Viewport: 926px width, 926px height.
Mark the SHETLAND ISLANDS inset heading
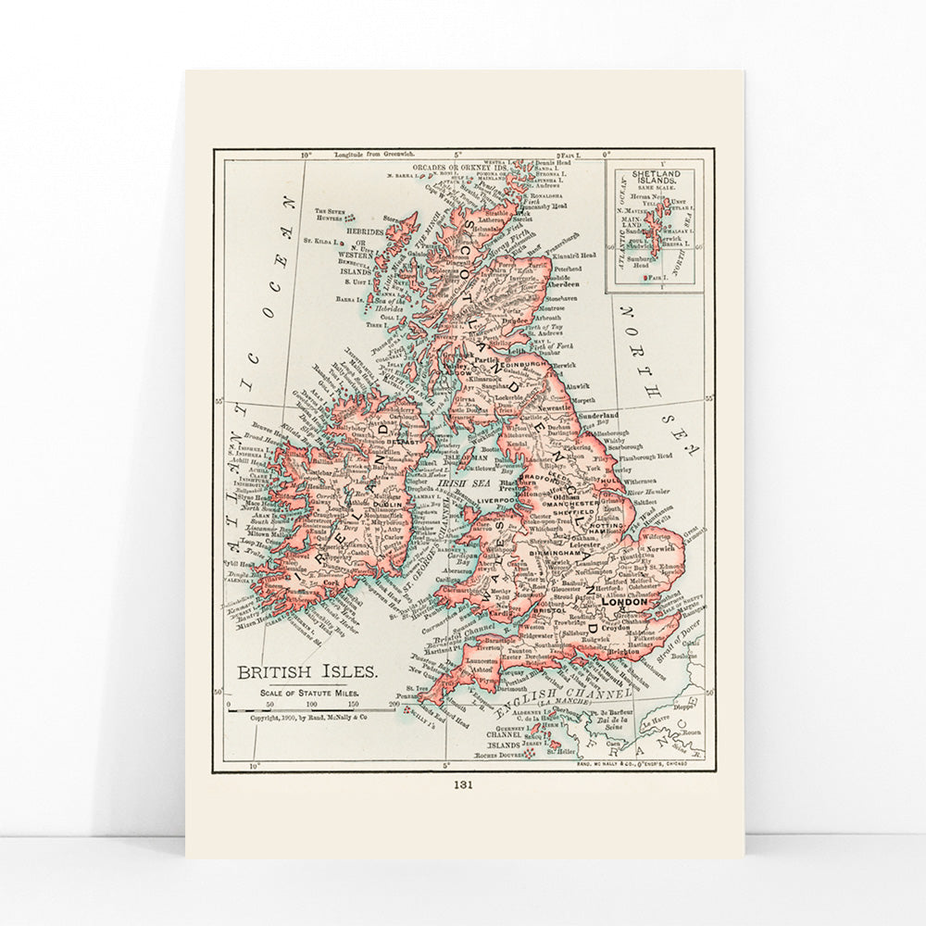pos(655,178)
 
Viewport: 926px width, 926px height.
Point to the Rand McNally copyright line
pos(308,717)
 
